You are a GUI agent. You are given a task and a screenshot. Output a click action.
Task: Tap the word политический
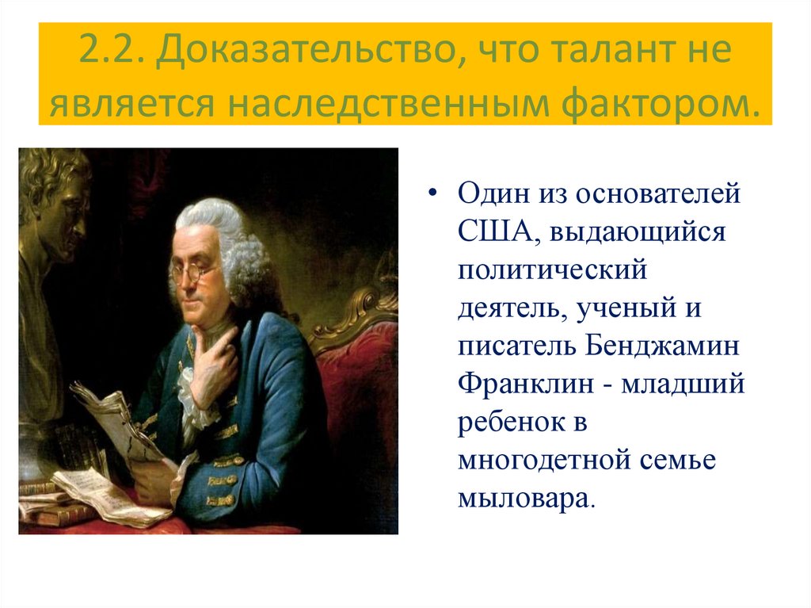(x=552, y=270)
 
